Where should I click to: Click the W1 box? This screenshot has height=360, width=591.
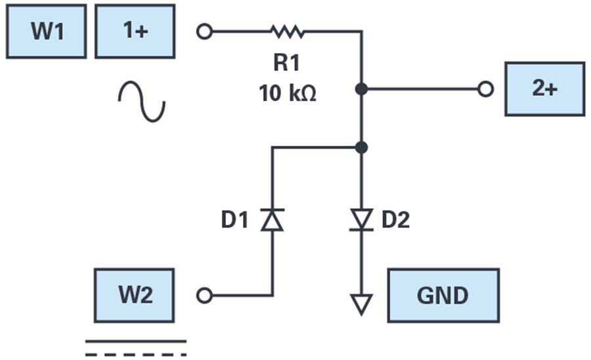coord(47,32)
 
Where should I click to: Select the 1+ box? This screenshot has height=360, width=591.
coord(135,32)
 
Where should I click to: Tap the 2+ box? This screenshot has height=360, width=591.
coord(545,89)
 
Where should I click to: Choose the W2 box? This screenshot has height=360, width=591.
coord(134,296)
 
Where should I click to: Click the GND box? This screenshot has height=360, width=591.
coord(444,296)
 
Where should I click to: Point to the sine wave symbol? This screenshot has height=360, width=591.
coord(142,101)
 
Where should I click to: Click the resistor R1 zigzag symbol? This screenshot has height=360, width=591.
coord(288,32)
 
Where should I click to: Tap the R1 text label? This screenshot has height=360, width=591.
coord(286,62)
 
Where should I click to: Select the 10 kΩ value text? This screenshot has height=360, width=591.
coord(287,93)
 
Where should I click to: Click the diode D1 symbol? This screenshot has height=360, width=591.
coord(272,220)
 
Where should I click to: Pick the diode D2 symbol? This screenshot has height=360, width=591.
coord(361,220)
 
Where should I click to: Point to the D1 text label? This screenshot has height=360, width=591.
coord(234,220)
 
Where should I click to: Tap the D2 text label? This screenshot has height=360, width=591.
coord(395,220)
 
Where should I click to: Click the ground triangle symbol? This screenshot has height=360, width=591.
coord(361,304)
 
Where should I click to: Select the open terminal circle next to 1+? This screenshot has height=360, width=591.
coord(205,32)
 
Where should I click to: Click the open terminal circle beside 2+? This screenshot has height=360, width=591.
coord(485,89)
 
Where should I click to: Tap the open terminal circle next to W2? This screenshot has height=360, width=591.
coord(205,296)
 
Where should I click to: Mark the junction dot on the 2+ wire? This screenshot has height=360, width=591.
coord(361,89)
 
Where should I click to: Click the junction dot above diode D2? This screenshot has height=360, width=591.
coord(361,147)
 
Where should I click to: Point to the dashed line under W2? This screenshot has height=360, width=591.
coord(136,355)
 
